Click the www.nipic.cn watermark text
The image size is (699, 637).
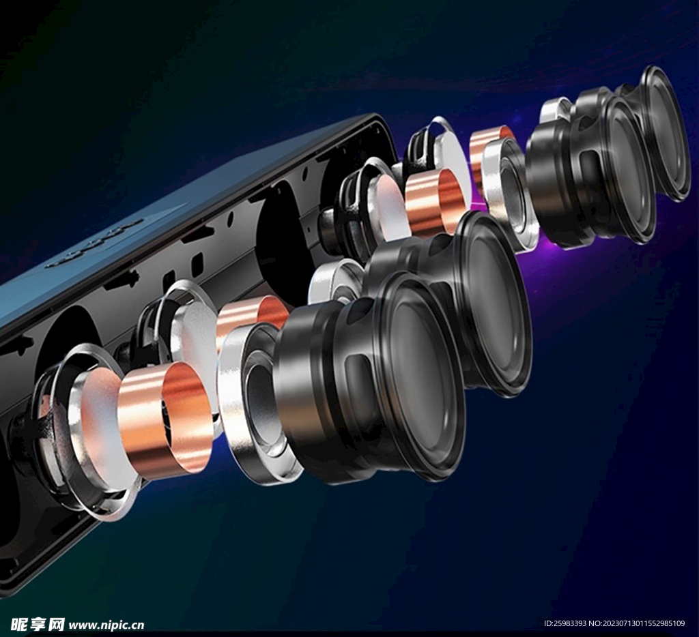point(106,625)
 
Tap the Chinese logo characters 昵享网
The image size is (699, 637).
point(38,625)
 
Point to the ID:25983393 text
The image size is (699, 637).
point(565,623)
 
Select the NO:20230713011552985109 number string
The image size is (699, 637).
point(637,623)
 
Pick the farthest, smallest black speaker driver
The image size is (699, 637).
point(655,134)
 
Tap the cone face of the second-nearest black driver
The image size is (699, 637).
point(495,303)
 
